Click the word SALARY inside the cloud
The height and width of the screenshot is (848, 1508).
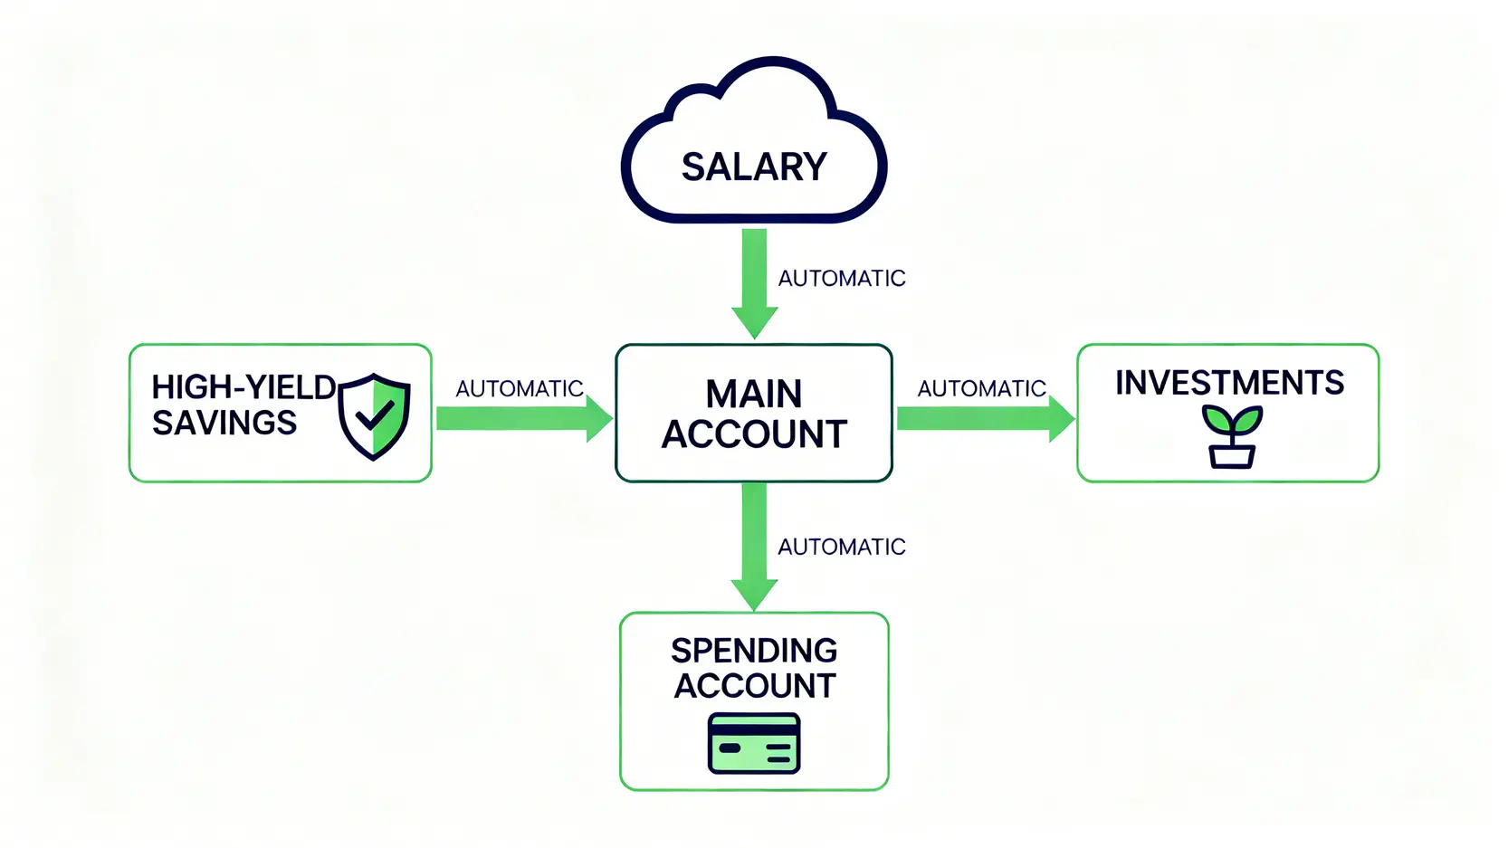(754, 167)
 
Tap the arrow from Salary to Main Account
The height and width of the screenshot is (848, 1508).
(754, 281)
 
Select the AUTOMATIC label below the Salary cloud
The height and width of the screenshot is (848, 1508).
(842, 279)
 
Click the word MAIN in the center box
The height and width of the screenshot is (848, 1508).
(754, 395)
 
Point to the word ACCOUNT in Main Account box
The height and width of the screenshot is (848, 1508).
(754, 435)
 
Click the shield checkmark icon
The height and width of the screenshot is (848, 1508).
(374, 416)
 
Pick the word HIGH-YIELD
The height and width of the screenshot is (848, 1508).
(243, 387)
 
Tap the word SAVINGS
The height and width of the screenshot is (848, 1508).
(224, 423)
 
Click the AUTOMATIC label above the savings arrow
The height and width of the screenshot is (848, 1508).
(520, 389)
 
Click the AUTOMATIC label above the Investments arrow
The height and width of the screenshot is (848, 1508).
(982, 389)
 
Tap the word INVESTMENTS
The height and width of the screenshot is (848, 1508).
(1229, 383)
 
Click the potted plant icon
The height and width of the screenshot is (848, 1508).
(1232, 437)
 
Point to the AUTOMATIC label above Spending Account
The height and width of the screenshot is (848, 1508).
(842, 548)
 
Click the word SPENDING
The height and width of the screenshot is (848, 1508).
(754, 651)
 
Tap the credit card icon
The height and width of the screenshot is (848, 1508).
(754, 743)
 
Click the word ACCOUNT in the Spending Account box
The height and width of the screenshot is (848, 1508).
(754, 686)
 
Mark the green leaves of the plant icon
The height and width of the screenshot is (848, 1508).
(1232, 420)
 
